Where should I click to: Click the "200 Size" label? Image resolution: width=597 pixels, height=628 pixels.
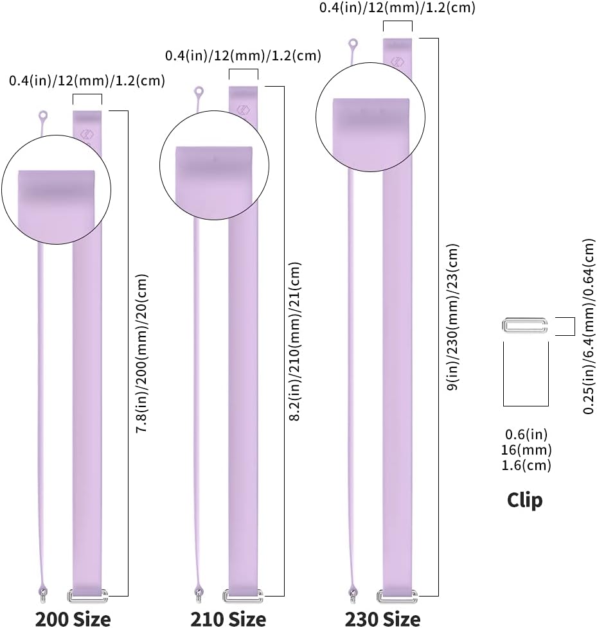tap(73, 619)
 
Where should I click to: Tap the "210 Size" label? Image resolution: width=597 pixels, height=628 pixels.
tap(228, 619)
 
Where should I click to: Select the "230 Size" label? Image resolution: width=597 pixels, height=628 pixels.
tap(382, 619)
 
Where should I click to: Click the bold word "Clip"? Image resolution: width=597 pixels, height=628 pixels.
tap(525, 500)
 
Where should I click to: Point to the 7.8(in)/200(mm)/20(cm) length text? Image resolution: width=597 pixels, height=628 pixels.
tap(142, 354)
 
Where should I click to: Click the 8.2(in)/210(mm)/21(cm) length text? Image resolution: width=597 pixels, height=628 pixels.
tap(295, 342)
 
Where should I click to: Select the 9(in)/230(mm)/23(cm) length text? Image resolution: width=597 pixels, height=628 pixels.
tap(452, 317)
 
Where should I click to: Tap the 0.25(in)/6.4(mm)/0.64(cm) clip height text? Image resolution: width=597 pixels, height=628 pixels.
tap(589, 326)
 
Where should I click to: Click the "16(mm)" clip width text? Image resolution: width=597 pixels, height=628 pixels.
tap(526, 449)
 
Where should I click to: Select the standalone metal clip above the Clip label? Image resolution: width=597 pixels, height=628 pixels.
tap(525, 325)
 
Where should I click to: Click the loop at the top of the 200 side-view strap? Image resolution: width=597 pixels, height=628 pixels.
tap(42, 117)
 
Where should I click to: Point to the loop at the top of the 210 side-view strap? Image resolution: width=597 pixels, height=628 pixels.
tap(199, 92)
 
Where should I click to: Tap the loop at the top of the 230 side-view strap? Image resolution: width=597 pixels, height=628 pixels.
tap(353, 44)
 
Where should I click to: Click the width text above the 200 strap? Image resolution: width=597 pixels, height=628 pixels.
tap(87, 81)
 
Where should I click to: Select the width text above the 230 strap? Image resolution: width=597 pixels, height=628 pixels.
tap(397, 8)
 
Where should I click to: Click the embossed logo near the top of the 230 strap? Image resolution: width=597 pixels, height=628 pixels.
tap(397, 62)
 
